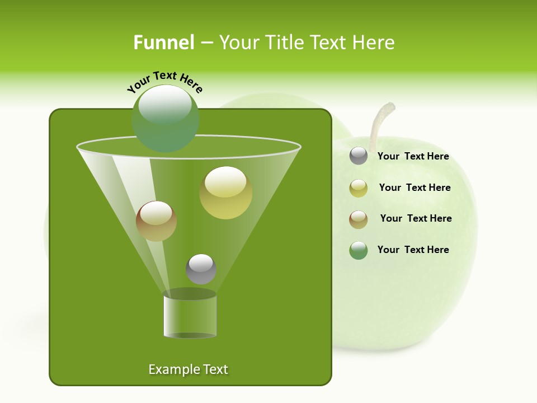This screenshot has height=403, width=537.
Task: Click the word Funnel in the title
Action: pyautogui.click(x=164, y=43)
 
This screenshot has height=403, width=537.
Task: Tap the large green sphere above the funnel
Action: pyautogui.click(x=165, y=118)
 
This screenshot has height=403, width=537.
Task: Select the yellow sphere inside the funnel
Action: pyautogui.click(x=225, y=193)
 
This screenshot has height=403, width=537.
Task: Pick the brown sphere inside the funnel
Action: pyautogui.click(x=156, y=221)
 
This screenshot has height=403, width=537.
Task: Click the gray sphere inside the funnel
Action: pyautogui.click(x=201, y=269)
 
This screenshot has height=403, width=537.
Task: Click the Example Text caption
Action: pyautogui.click(x=188, y=369)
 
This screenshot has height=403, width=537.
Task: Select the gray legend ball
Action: pyautogui.click(x=359, y=156)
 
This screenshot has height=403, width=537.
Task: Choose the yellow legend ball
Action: pyautogui.click(x=359, y=188)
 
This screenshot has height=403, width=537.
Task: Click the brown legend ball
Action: pyautogui.click(x=359, y=219)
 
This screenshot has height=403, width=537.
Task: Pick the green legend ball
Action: pyautogui.click(x=359, y=250)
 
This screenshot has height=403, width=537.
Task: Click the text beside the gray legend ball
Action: pyautogui.click(x=413, y=157)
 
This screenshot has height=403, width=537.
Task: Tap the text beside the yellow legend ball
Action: pyautogui.click(x=414, y=188)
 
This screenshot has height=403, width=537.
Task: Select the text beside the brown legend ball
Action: pyautogui.click(x=416, y=219)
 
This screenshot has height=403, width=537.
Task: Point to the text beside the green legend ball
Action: pyautogui.click(x=413, y=250)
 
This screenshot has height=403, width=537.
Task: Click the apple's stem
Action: pyautogui.click(x=379, y=120)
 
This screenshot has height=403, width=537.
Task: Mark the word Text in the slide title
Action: pyautogui.click(x=329, y=43)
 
